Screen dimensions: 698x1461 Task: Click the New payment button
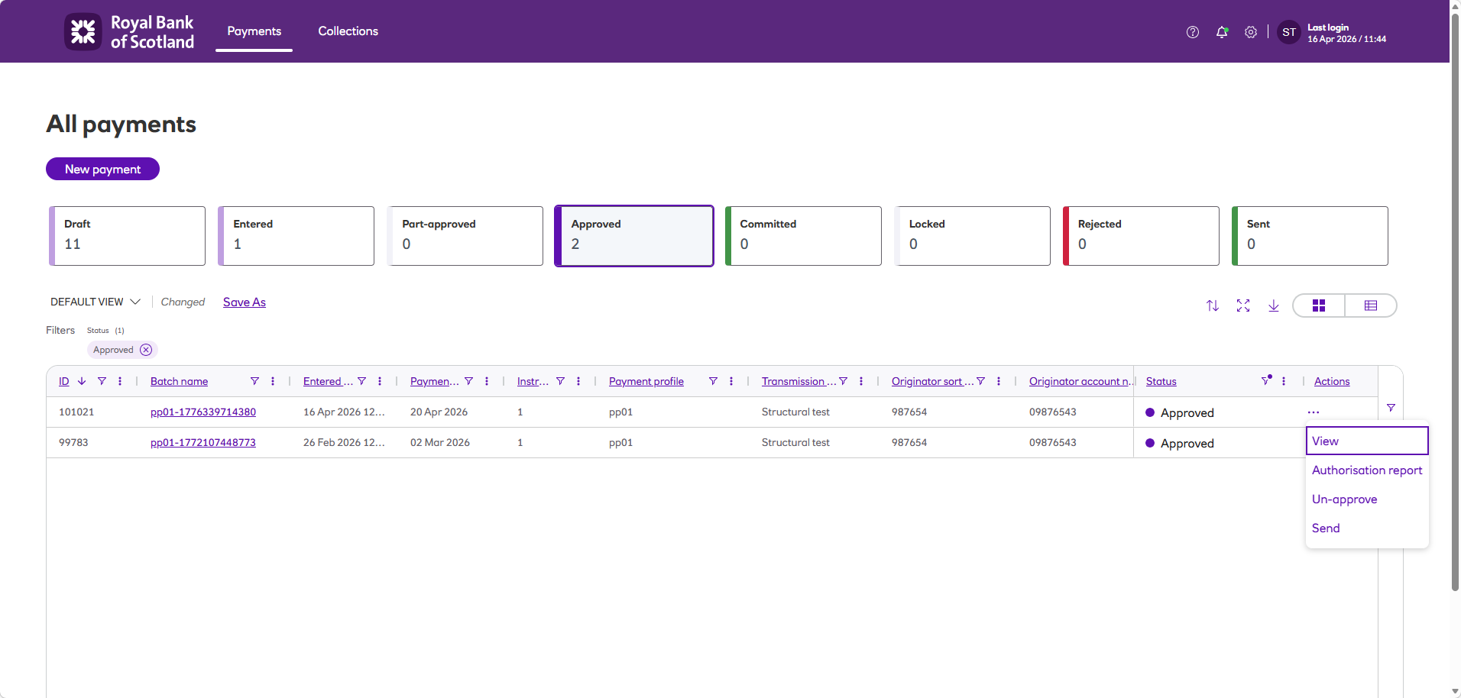(102, 169)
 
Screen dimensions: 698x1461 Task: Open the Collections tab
(348, 31)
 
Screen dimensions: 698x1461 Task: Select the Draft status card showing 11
(128, 236)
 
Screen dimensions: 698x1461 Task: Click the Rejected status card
(1141, 236)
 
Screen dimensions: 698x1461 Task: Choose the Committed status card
(803, 236)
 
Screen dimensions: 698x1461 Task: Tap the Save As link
(245, 302)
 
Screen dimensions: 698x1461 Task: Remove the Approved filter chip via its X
(146, 350)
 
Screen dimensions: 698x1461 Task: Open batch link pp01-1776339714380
(203, 412)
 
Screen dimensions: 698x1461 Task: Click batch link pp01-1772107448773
(203, 443)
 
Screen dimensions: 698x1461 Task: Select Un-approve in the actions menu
(1344, 499)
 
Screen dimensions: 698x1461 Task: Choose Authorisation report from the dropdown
(1366, 470)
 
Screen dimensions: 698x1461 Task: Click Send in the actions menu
(1326, 528)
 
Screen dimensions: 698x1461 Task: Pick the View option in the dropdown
(1326, 441)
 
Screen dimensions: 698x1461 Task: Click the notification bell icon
(1222, 32)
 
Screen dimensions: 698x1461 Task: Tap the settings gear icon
(1251, 32)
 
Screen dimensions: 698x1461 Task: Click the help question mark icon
(1193, 32)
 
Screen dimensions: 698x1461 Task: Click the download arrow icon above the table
(1274, 305)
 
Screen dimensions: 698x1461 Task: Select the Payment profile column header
(646, 382)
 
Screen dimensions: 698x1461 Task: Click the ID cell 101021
(76, 412)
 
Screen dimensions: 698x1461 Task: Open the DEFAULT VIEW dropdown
(95, 302)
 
